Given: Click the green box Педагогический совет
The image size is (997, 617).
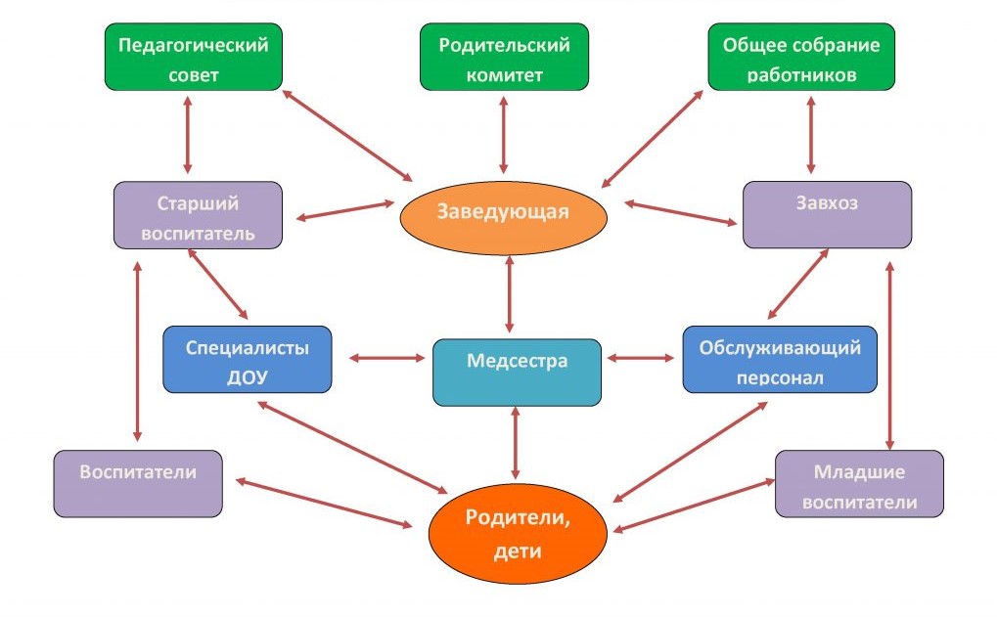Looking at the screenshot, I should coord(193,58).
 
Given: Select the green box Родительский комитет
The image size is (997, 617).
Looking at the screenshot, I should coord(505,58).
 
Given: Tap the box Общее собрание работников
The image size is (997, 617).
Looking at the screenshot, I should coord(800,58).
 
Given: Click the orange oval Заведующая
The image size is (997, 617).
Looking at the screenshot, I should coord(503,212).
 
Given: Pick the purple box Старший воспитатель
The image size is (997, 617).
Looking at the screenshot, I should coord(199,216).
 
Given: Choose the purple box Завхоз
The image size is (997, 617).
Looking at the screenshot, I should coord(827,214).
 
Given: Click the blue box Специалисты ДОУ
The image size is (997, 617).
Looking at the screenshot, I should coord(247,360).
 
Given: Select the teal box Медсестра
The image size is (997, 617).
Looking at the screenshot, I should coord(517,372).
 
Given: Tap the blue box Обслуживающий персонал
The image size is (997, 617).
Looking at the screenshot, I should coord(779,360).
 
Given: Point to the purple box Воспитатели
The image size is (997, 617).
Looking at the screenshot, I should coord(137,484).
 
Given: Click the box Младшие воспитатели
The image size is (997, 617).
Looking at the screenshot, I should coord(859,484).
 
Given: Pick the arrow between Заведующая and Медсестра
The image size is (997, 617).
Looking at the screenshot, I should coord(509,296).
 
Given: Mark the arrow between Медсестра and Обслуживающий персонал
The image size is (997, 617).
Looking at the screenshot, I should coord(641,359).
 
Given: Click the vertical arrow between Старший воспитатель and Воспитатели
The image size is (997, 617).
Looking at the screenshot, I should coord(137,351).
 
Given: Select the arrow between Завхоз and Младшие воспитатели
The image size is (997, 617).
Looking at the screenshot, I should coord(888,351).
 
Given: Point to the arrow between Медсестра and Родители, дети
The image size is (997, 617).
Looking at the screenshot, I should coord(515,444).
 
